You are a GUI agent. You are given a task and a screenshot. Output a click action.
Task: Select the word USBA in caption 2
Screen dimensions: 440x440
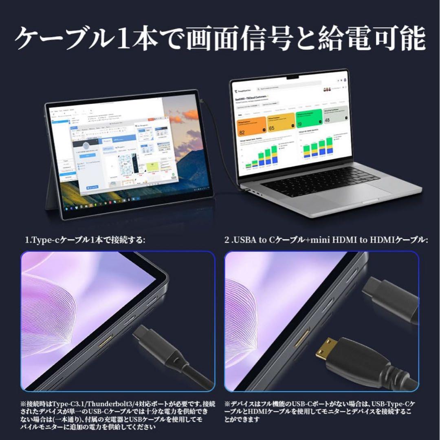[x=243, y=240]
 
